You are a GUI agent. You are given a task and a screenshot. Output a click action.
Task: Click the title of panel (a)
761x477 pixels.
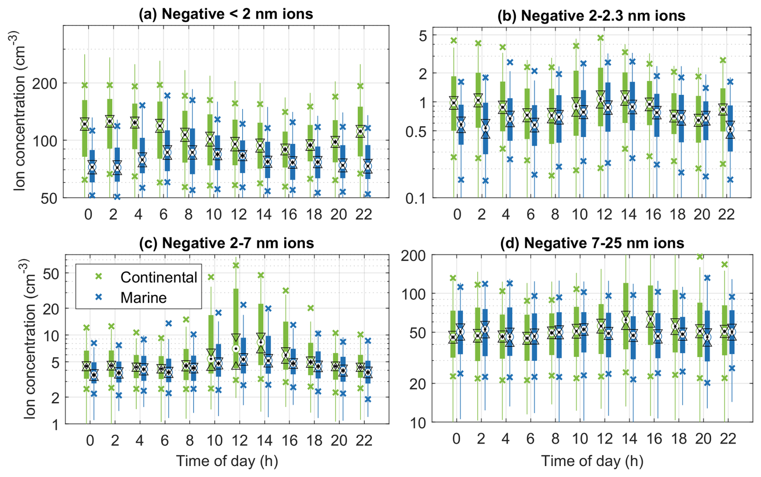(226, 14)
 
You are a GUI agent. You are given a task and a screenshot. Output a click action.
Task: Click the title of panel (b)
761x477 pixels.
(591, 16)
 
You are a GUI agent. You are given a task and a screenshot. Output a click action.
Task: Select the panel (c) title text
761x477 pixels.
(226, 243)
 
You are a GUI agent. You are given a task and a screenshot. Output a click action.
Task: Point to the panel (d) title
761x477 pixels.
(592, 243)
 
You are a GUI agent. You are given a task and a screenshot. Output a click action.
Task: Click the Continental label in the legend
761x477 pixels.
(158, 277)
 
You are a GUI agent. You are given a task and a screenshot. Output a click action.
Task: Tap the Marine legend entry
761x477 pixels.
(143, 298)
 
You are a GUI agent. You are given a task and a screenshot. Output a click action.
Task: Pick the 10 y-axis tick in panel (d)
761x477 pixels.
(418, 423)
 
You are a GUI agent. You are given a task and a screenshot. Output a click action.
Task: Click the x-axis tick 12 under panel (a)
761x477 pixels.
(239, 215)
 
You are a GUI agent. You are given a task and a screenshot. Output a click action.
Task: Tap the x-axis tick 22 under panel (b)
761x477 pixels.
(726, 215)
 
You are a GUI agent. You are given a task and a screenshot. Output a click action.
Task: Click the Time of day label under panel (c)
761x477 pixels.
(227, 461)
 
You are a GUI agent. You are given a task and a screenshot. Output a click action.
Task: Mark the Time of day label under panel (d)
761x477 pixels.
(592, 461)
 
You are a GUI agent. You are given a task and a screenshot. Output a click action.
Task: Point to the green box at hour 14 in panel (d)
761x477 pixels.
(625, 315)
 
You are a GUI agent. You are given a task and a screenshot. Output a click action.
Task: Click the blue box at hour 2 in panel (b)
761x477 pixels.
(485, 128)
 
